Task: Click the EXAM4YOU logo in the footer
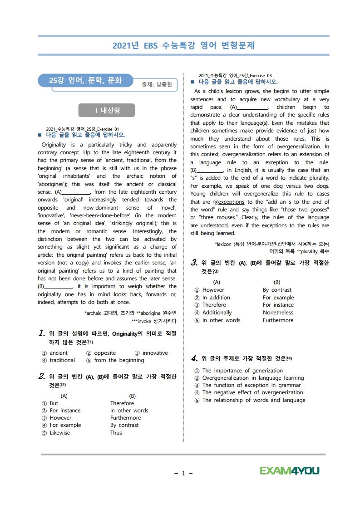[x=290, y=470]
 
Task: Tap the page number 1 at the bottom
[x=183, y=473]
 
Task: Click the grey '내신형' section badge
[x=106, y=110]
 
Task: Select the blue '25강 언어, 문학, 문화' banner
[x=85, y=81]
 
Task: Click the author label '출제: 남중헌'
[x=157, y=84]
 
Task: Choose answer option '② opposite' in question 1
[x=101, y=353]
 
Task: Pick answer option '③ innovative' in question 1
[x=151, y=353]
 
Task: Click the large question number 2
[x=41, y=376]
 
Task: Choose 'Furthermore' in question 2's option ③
[x=125, y=418]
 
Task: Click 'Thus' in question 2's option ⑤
[x=116, y=433]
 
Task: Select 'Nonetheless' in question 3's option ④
[x=278, y=313]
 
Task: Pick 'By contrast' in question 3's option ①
[x=277, y=290]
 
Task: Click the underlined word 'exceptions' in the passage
[x=231, y=202]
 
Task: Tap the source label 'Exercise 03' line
[x=235, y=75]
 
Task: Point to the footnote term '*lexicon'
[x=224, y=244]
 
